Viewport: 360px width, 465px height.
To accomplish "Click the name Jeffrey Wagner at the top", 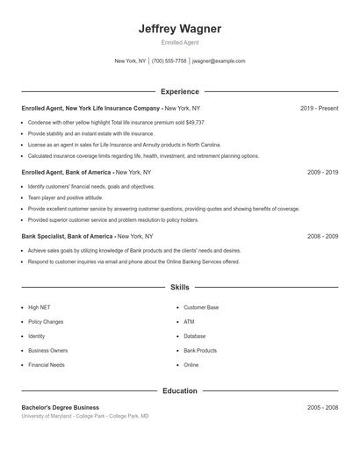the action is [x=180, y=29].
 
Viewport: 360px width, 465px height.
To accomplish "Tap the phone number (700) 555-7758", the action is [x=169, y=61].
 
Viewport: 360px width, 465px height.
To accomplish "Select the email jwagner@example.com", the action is [x=219, y=61].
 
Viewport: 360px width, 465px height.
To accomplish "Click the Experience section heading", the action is [x=180, y=91].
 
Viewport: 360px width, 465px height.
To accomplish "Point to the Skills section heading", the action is [x=180, y=288].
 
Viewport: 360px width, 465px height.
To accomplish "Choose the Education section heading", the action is [x=180, y=390].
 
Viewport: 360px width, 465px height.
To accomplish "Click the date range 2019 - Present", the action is [x=319, y=108].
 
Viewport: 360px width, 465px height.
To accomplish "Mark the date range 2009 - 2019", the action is [x=322, y=173].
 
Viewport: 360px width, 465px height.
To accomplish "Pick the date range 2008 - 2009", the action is [x=322, y=236].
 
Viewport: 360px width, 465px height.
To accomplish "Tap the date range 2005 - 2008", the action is [x=322, y=407].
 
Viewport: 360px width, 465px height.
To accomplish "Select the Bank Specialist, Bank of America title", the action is [x=68, y=236].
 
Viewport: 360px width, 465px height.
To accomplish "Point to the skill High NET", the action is [x=39, y=308].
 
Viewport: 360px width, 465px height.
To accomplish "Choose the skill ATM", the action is [x=189, y=322].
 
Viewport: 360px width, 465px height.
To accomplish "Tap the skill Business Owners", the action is [x=47, y=350].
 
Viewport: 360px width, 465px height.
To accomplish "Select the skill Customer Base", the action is [x=201, y=308].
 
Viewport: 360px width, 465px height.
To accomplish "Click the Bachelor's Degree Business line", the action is [x=61, y=407].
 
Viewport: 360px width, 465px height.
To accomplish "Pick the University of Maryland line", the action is [x=85, y=416].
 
